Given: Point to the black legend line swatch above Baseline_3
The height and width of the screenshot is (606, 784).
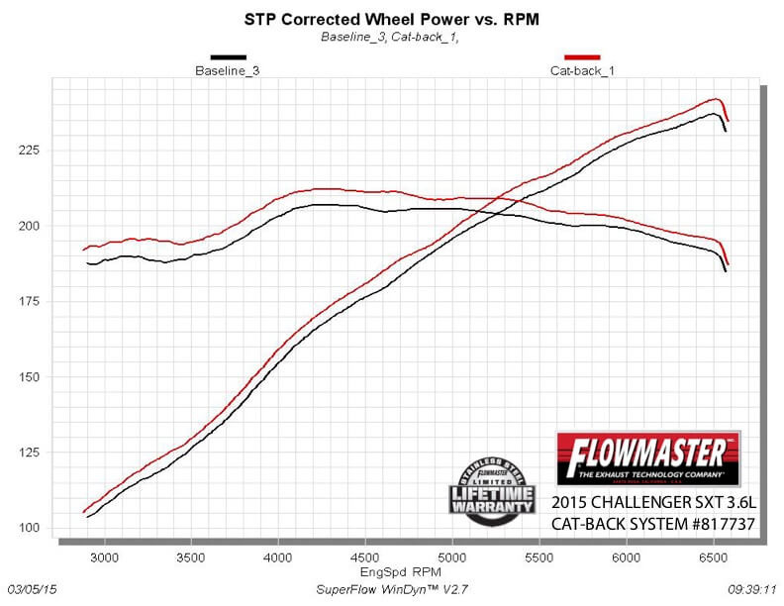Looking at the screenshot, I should tap(228, 57).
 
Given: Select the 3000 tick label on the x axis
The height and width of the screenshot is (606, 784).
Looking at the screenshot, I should tap(104, 557).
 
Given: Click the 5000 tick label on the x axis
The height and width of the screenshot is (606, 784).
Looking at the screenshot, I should tap(451, 557).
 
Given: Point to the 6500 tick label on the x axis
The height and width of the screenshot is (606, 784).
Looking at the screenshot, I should tap(713, 557).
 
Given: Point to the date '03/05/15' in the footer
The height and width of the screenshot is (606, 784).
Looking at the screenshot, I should tap(32, 588).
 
